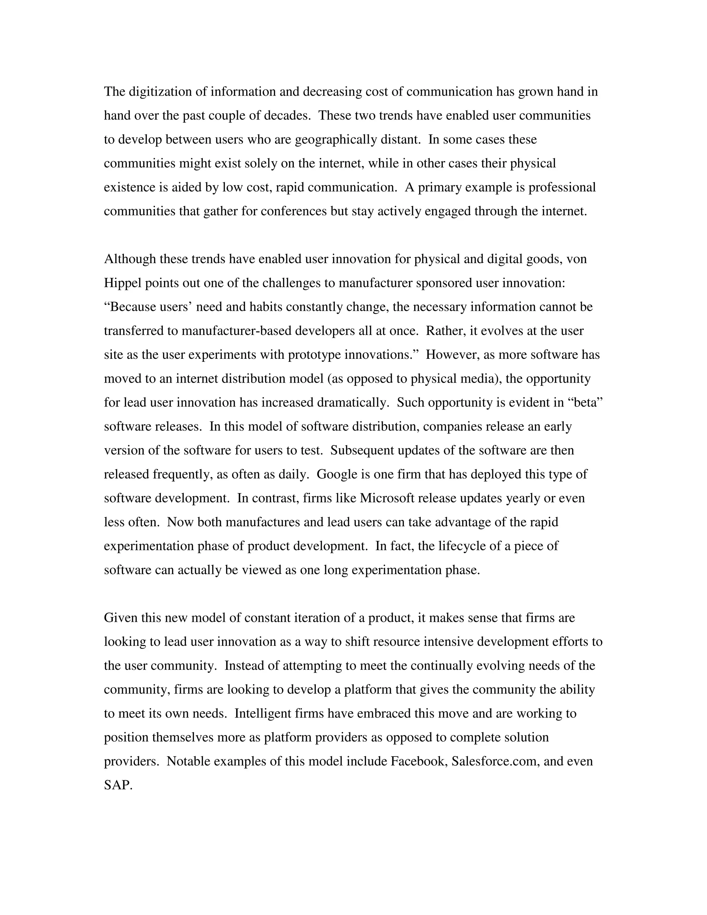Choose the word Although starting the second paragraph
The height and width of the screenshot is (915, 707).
pos(130,259)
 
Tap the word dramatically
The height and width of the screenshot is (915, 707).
pos(352,402)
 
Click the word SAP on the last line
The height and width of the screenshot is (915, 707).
pos(118,785)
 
